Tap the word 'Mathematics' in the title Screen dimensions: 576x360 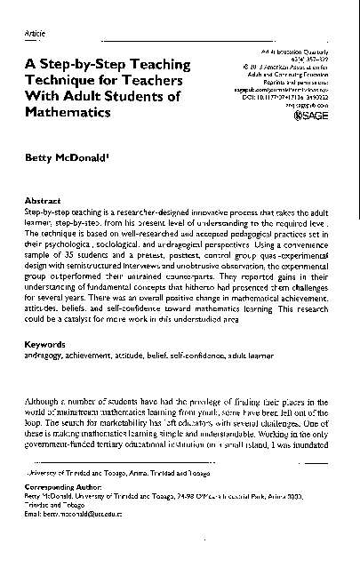(68, 115)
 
